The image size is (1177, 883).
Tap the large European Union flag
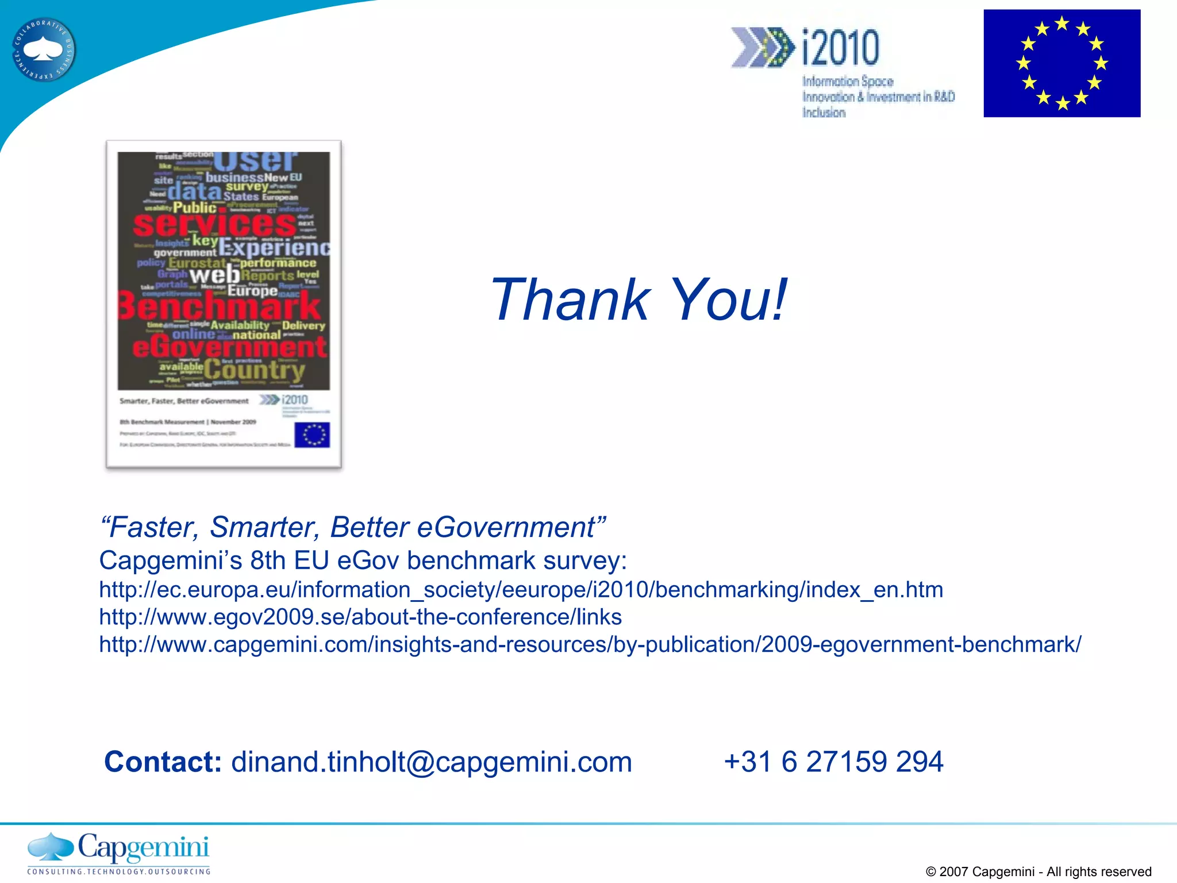coord(1061,63)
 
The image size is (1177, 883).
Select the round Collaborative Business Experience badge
coord(44,50)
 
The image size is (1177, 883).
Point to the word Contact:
coord(163,762)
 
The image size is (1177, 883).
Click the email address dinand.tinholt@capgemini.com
coord(431,762)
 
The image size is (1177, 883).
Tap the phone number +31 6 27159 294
coord(833,762)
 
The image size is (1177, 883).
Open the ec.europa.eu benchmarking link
coord(521,590)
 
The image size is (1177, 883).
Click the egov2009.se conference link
coord(360,617)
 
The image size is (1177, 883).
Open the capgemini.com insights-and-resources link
coord(590,644)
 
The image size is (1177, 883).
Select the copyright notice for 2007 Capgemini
coord(1038,872)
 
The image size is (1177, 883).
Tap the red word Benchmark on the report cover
coord(220,306)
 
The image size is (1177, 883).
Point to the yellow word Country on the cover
coord(254,370)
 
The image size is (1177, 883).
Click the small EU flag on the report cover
coord(312,435)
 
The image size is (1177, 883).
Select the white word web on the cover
coord(214,275)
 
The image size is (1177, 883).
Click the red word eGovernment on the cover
coord(229,347)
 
